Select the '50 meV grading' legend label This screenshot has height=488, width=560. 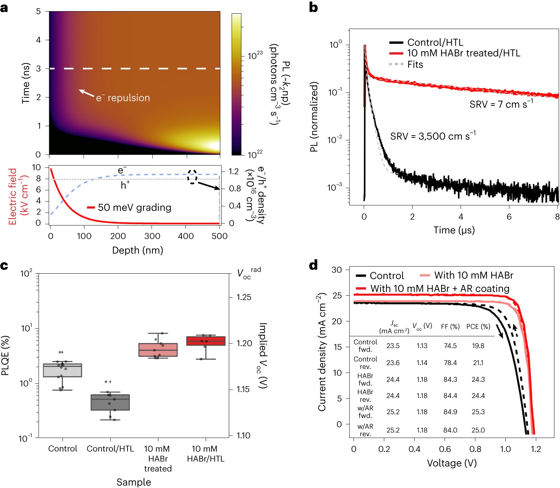point(134,207)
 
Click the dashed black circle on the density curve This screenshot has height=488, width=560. point(193,177)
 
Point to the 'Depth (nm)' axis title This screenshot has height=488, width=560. point(138,250)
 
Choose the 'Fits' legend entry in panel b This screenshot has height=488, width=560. point(415,65)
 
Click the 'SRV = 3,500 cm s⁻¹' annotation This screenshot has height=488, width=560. point(433,136)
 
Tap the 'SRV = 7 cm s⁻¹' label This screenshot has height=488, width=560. point(501,104)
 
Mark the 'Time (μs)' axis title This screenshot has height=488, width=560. point(454,230)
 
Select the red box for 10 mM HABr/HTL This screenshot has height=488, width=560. point(206,341)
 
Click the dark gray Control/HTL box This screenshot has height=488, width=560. point(110,402)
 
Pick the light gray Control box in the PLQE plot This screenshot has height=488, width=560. point(63,370)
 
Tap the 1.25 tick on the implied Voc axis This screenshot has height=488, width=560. point(244,297)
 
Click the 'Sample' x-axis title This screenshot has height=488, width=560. point(134,482)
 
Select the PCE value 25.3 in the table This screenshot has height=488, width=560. point(478,412)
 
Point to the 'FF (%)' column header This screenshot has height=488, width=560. point(450,327)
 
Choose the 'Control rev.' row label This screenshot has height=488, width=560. point(365,363)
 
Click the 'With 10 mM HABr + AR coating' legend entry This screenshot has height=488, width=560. point(440,288)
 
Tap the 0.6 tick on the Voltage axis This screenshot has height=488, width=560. point(445,449)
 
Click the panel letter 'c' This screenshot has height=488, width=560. point(4,266)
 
